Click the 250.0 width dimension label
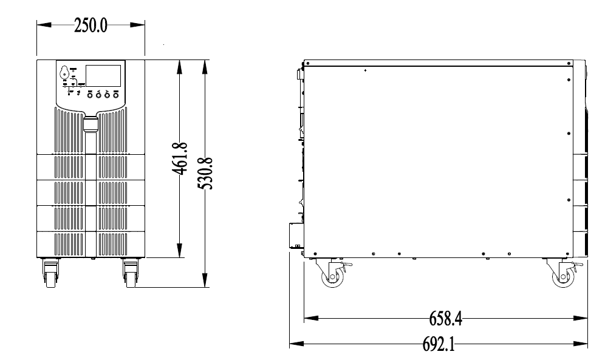(x=91, y=26)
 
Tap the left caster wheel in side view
(x=332, y=277)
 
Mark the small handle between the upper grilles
(x=91, y=124)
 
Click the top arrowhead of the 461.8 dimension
(x=180, y=65)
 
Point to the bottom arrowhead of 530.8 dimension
(x=207, y=281)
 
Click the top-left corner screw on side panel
(x=309, y=63)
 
